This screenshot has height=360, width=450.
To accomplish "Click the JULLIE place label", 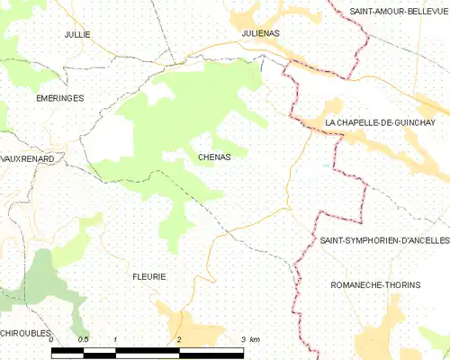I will [x=77, y=34].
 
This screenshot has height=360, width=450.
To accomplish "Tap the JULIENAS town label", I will [x=261, y=33].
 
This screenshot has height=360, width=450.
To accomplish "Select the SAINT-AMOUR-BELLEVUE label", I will [x=399, y=11].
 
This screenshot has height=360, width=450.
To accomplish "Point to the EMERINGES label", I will [x=59, y=97].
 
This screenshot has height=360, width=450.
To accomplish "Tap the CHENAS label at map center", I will [x=214, y=157].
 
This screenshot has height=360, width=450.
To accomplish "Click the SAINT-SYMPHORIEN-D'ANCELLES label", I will [x=384, y=242].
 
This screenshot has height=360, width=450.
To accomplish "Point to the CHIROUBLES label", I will [x=28, y=333].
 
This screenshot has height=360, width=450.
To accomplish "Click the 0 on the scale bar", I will [x=51, y=339].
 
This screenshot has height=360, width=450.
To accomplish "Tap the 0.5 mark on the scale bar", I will [x=83, y=339].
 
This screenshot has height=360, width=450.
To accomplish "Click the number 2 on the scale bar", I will [x=179, y=339].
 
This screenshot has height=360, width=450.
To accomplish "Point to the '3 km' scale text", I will [x=250, y=339].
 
